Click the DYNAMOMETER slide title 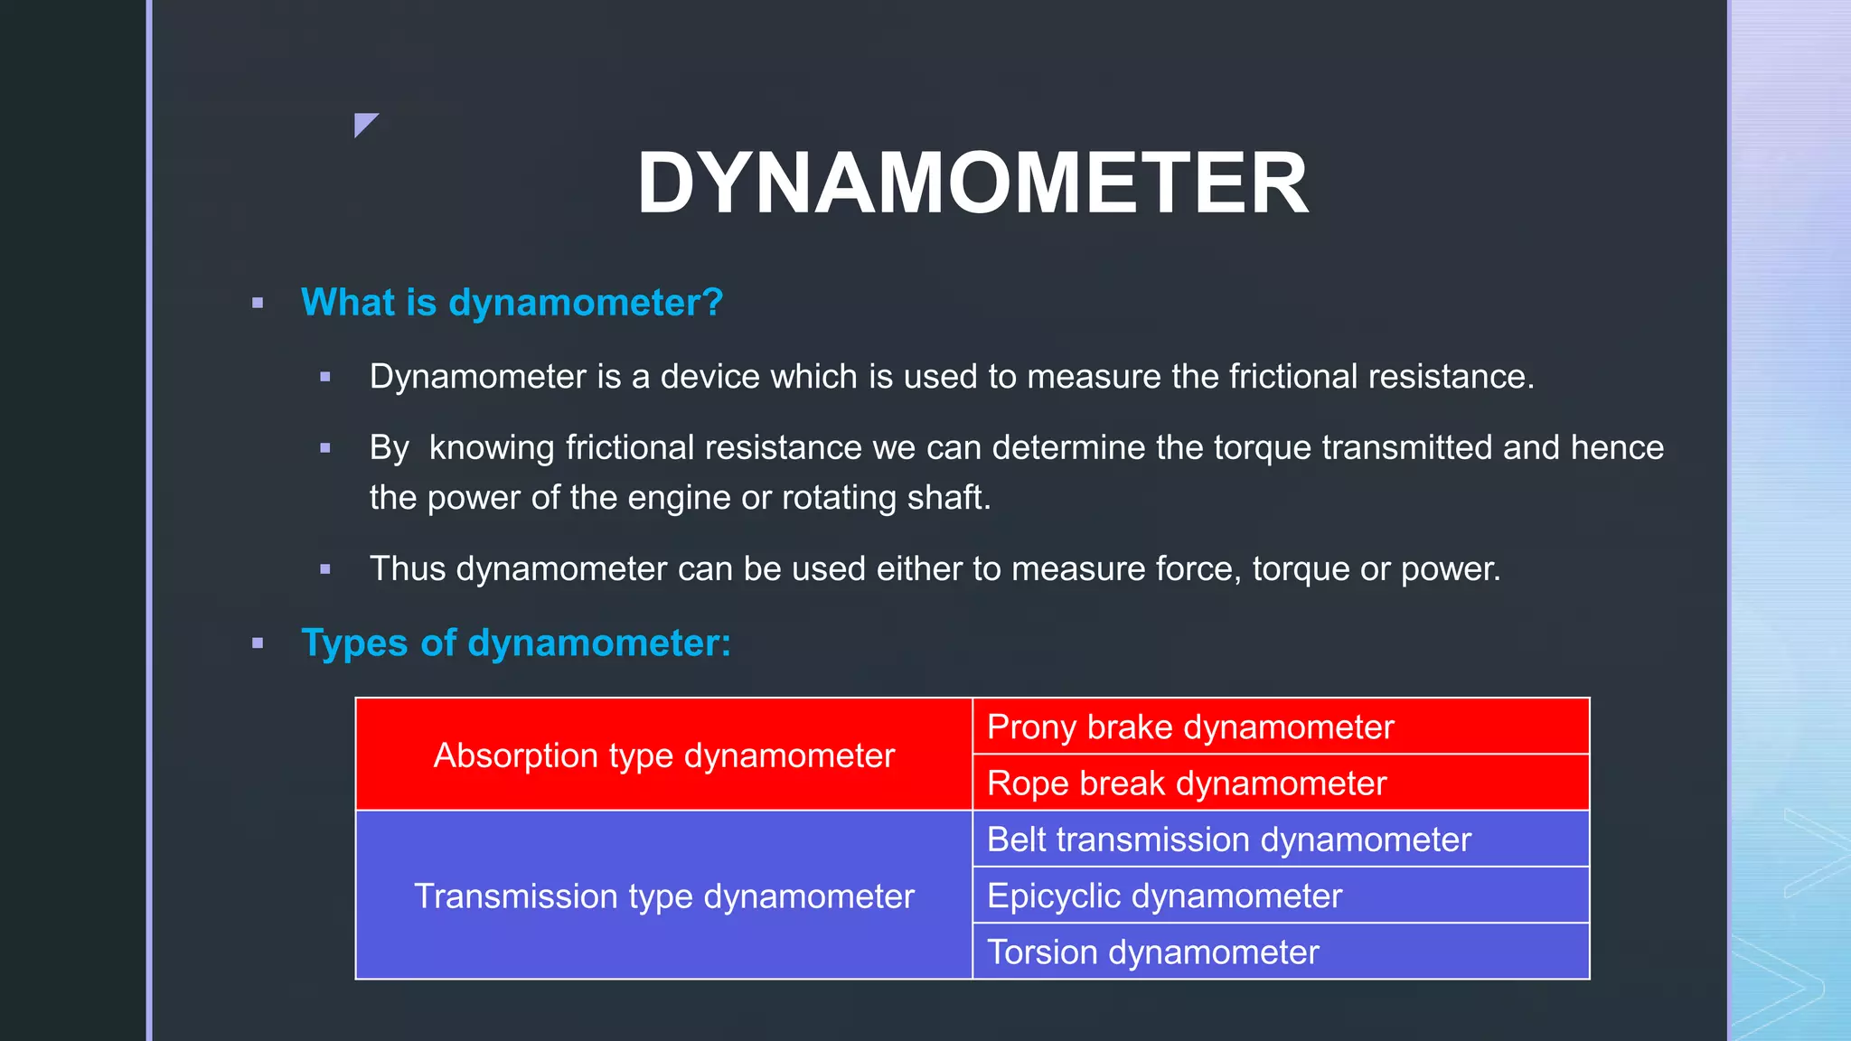(x=972, y=183)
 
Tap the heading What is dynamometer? (x=512, y=303)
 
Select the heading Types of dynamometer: (x=515, y=643)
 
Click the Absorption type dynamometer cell (x=663, y=755)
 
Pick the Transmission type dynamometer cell (x=663, y=896)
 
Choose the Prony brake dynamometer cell (x=1189, y=727)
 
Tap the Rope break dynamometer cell (x=1186, y=783)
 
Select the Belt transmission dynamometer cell (x=1228, y=840)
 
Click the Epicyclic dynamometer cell (x=1164, y=896)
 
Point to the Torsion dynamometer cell (x=1152, y=952)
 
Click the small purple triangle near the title (x=363, y=123)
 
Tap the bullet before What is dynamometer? (x=258, y=304)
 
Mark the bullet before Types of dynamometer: (x=258, y=643)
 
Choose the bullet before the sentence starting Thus (x=325, y=569)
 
